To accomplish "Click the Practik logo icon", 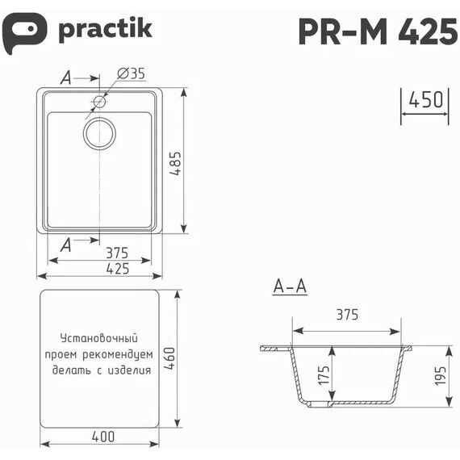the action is (24, 32).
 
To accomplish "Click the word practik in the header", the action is (106, 30).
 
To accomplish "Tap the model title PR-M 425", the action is (378, 31).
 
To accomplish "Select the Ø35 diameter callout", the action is (131, 73).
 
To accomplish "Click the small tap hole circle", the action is (100, 102).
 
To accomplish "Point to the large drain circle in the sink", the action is (99, 133).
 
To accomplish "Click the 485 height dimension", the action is (175, 163).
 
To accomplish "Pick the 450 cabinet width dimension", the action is (426, 99).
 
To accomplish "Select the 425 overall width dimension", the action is (118, 269).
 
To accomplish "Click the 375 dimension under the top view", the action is (117, 253).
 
